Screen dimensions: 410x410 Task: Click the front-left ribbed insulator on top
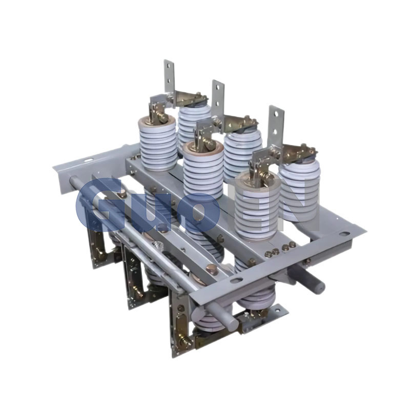pyautogui.click(x=158, y=145)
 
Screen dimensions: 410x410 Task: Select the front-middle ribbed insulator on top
pyautogui.click(x=203, y=170)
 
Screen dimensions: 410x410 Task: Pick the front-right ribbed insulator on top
pyautogui.click(x=257, y=206)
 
